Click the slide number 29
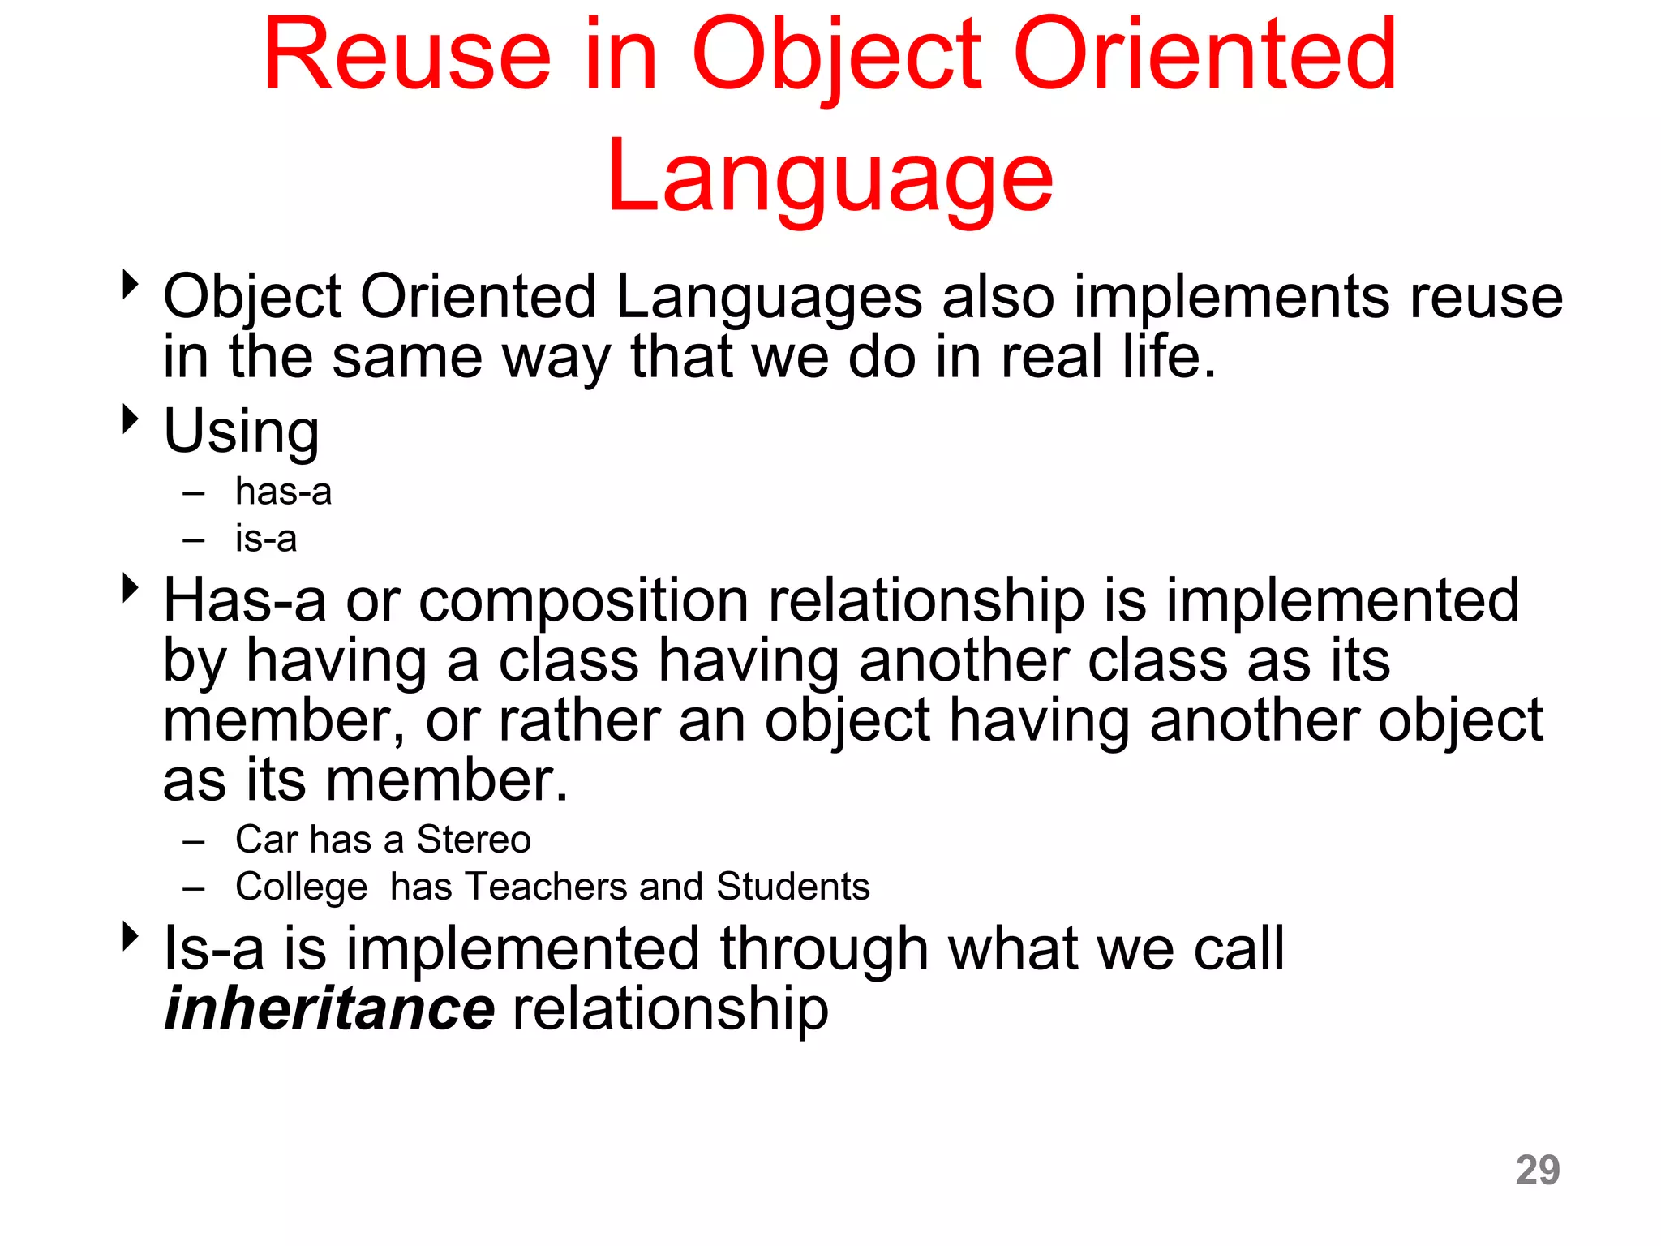[x=1537, y=1170]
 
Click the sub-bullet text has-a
[x=283, y=492]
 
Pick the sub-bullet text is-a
[x=266, y=539]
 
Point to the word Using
[x=241, y=432]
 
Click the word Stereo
[x=474, y=840]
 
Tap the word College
[x=301, y=887]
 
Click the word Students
[x=792, y=887]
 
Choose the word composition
[x=583, y=601]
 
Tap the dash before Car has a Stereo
[x=193, y=842]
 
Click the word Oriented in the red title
[x=1204, y=57]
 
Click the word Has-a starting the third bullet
[x=244, y=601]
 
